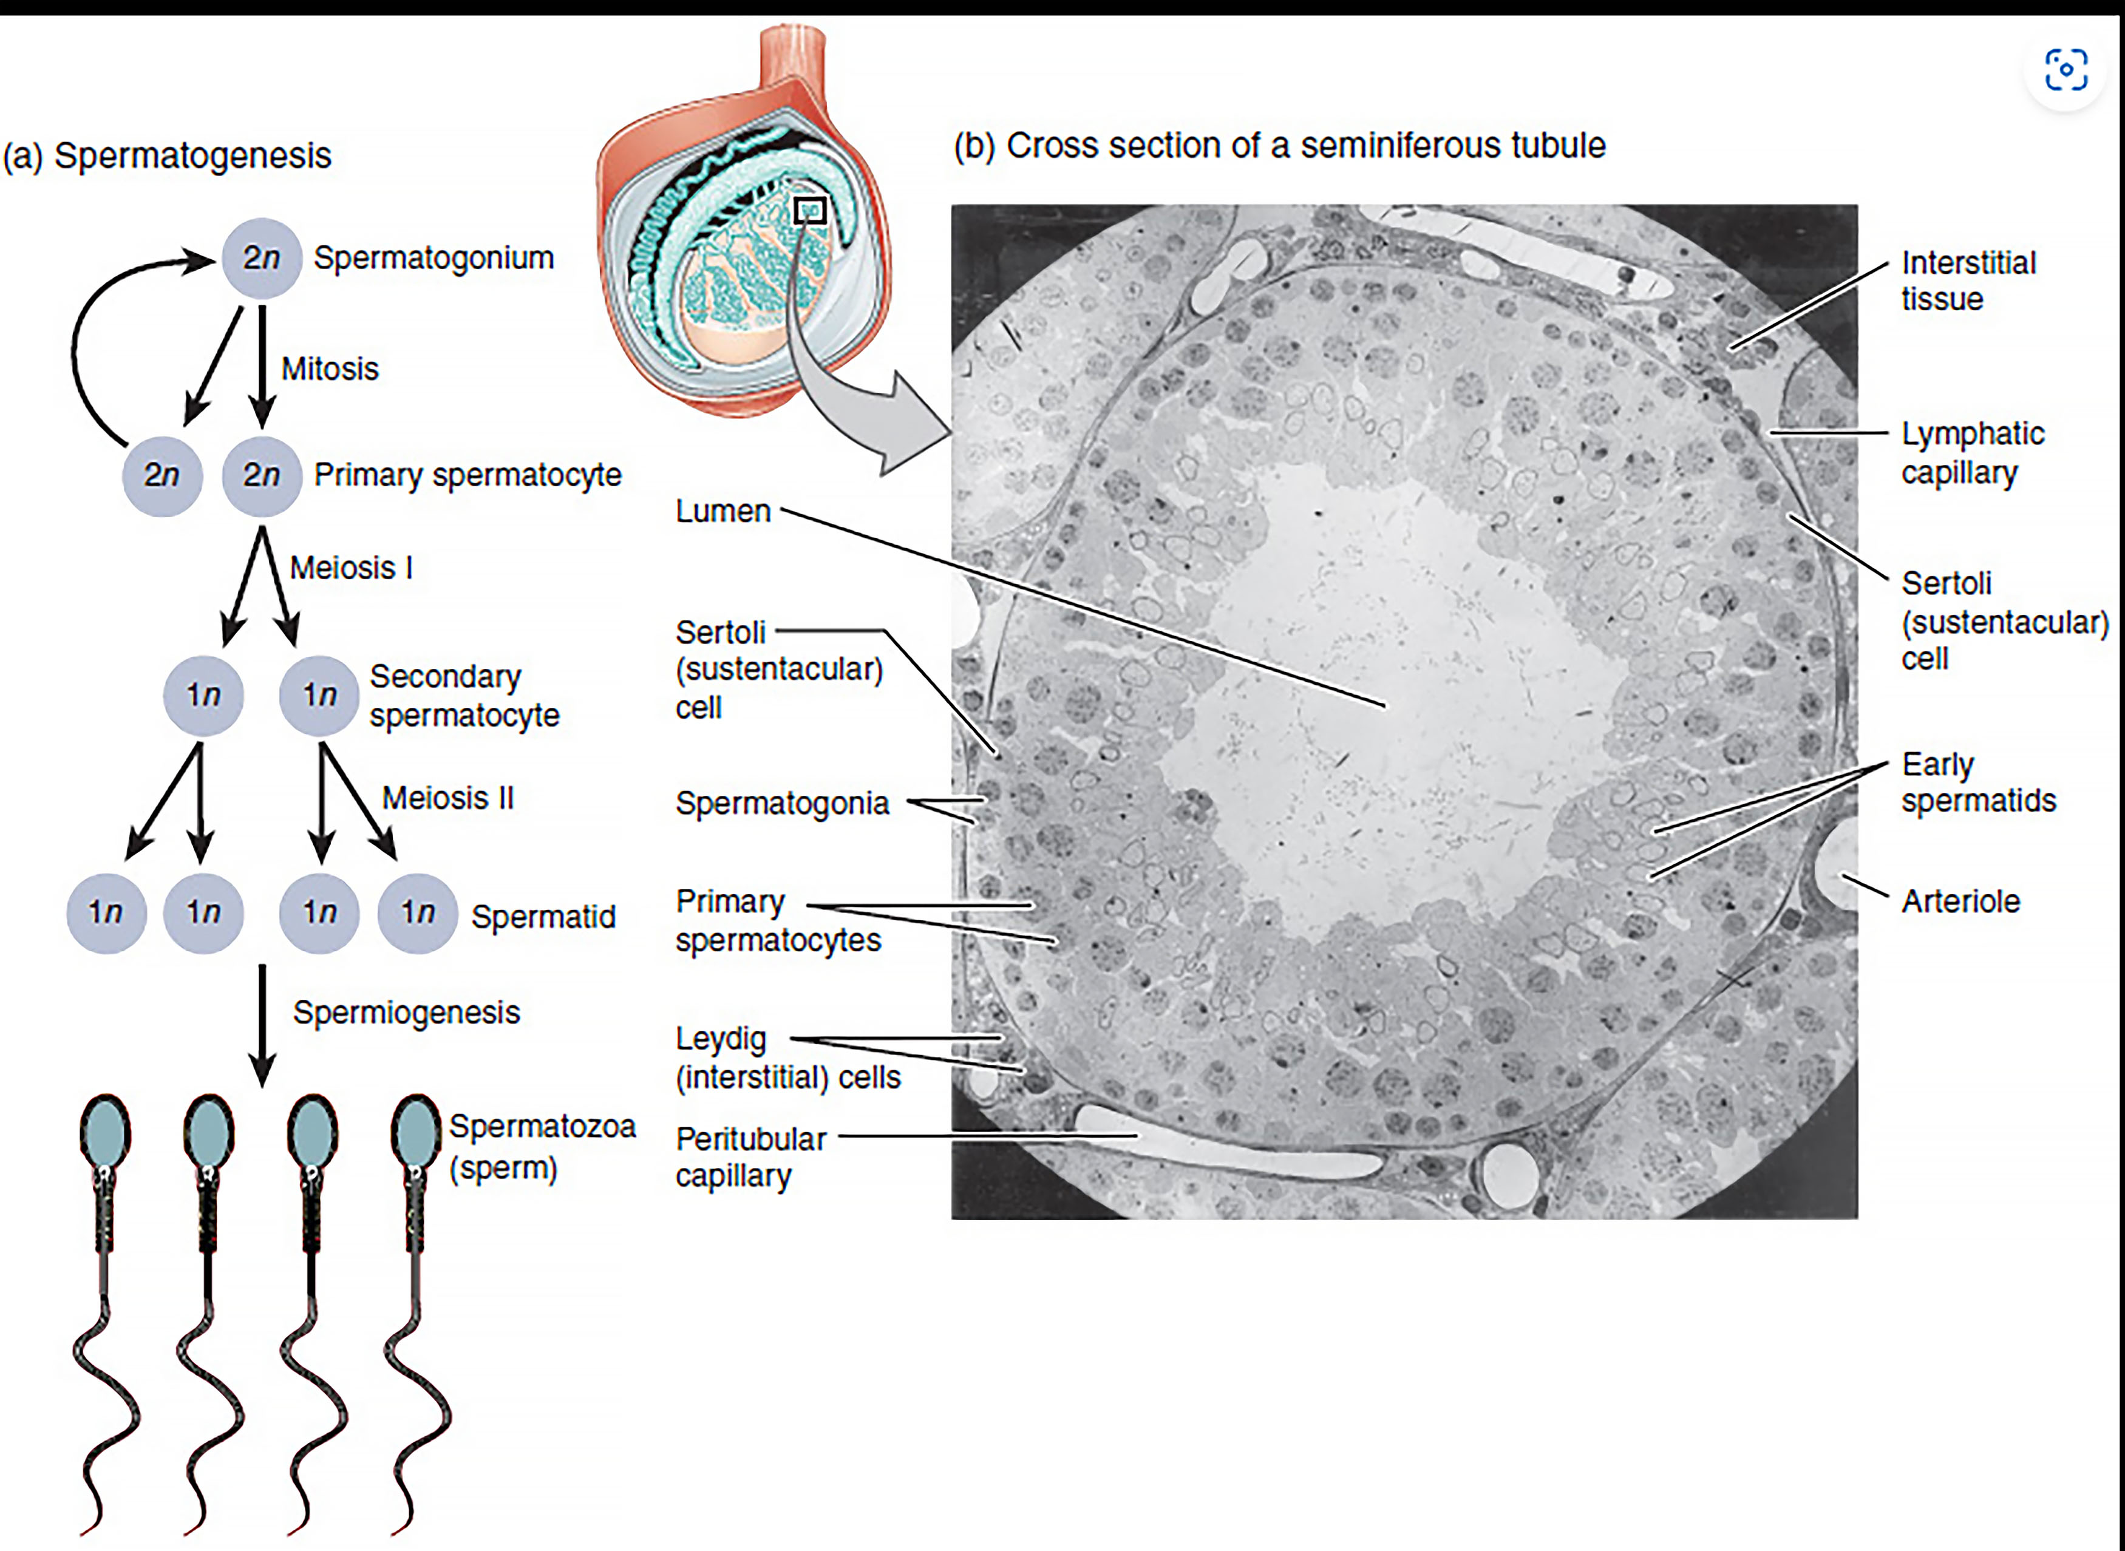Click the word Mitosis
coord(330,369)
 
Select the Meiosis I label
coord(351,568)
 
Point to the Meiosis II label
coord(448,798)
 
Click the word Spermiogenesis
coord(406,1012)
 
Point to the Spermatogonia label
coord(781,804)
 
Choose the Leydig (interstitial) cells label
coord(787,1058)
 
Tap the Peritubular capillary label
coord(750,1156)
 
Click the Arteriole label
coord(1960,901)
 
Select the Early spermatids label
coord(1977,782)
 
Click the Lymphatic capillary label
coord(1972,452)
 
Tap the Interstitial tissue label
coord(1968,280)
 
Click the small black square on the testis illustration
coord(809,210)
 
